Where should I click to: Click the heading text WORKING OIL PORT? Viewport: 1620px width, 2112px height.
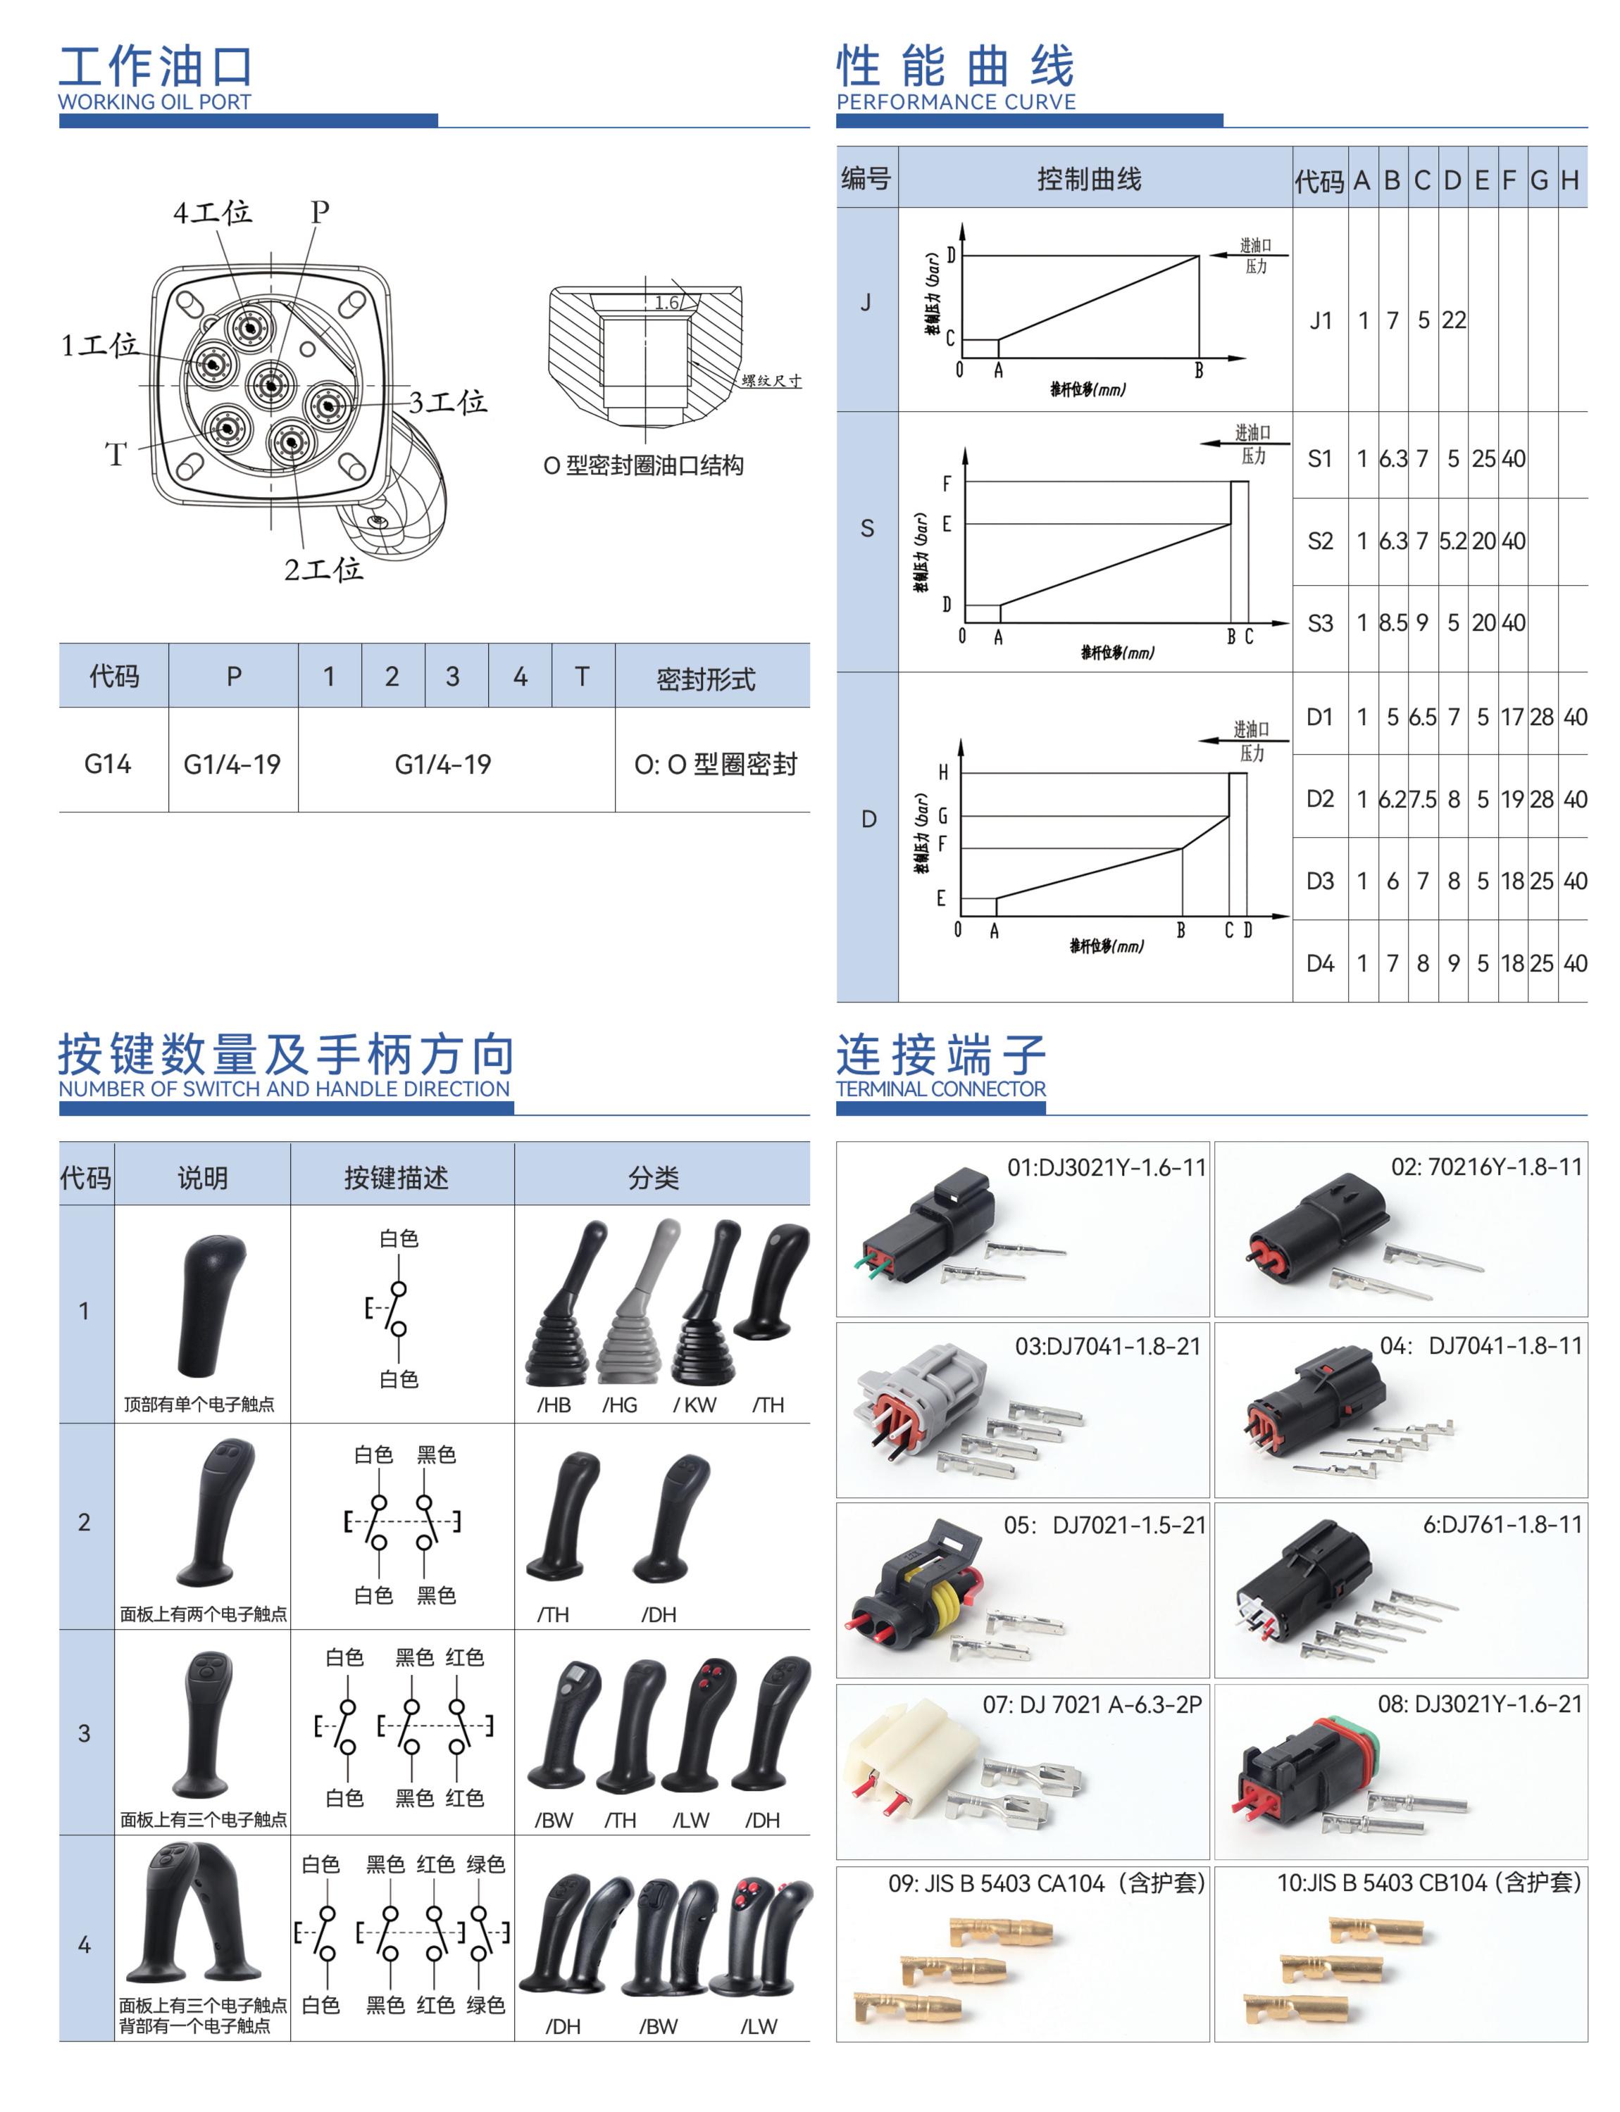[154, 101]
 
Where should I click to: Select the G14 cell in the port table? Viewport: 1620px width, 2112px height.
[107, 765]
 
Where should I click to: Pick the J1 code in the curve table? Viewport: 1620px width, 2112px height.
[1320, 320]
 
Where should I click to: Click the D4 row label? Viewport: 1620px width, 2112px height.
[1320, 963]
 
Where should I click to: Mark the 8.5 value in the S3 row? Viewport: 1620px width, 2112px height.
[1392, 623]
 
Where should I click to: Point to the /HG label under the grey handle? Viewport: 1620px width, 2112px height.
[620, 1404]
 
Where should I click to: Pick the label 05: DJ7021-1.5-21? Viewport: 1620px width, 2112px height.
[1104, 1525]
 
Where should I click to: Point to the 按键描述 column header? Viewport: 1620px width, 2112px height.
[397, 1177]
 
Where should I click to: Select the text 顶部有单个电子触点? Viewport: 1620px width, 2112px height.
[199, 1404]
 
